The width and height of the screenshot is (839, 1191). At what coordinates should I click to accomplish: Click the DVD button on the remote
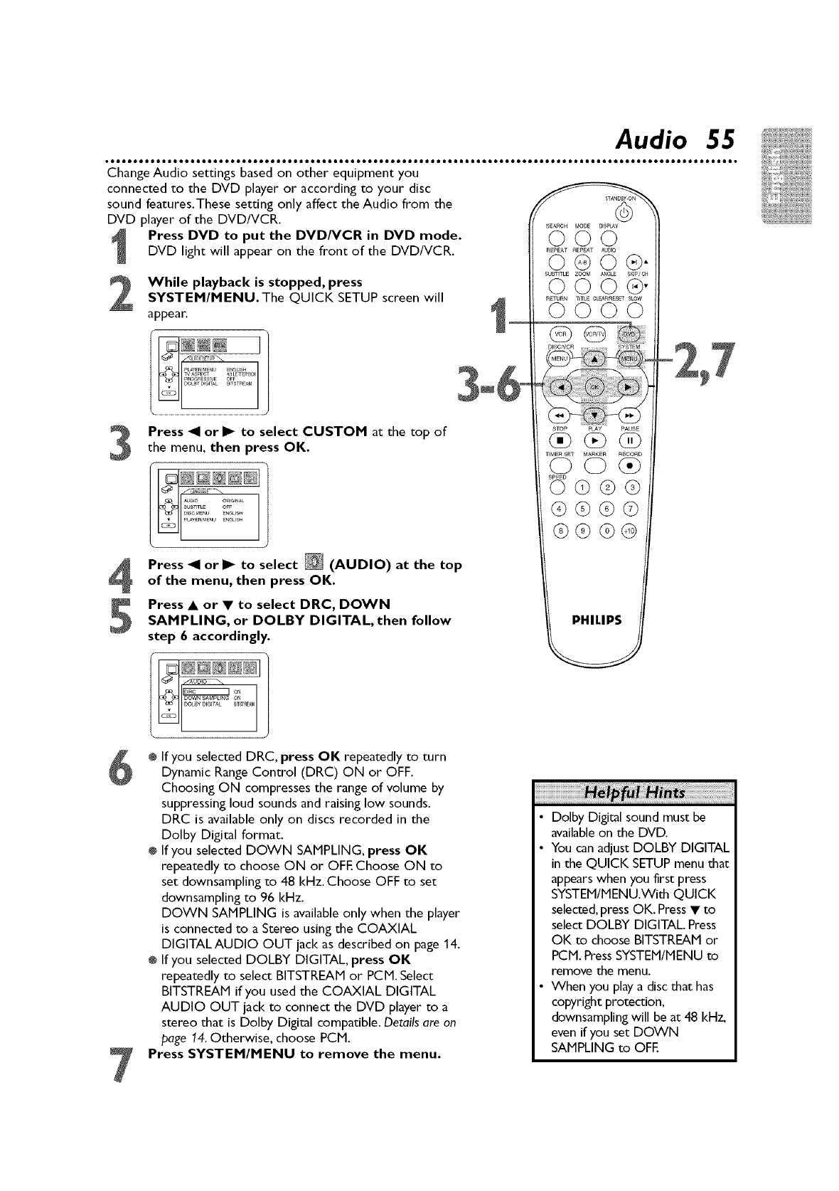pyautogui.click(x=629, y=334)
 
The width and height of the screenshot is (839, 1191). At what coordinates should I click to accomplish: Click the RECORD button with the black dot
pyautogui.click(x=629, y=467)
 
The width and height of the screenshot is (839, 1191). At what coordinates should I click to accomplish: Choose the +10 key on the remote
pyautogui.click(x=630, y=530)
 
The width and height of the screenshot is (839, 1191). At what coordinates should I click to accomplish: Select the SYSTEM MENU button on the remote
pyautogui.click(x=629, y=359)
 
